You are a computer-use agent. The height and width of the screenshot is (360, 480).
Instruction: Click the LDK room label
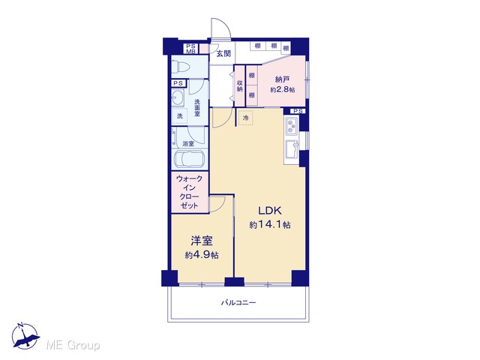pyautogui.click(x=270, y=211)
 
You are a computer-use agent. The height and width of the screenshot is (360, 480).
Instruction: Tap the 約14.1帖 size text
pyautogui.click(x=270, y=225)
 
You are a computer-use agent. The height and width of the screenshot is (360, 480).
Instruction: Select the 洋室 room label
pyautogui.click(x=202, y=241)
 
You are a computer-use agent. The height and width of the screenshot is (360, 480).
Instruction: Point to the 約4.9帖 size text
pyautogui.click(x=202, y=255)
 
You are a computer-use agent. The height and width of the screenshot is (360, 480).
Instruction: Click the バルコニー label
pyautogui.click(x=238, y=303)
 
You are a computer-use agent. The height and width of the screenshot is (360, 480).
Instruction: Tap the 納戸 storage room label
pyautogui.click(x=282, y=79)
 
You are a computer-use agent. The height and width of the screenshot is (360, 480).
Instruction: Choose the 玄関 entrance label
pyautogui.click(x=223, y=53)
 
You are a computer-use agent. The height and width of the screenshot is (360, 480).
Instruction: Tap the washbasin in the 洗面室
pyautogui.click(x=177, y=98)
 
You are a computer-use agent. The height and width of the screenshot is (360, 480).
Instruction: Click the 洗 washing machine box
pyautogui.click(x=180, y=115)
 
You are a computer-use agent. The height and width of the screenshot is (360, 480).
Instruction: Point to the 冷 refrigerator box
pyautogui.click(x=245, y=118)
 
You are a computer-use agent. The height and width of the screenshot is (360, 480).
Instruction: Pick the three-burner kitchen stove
pyautogui.click(x=291, y=127)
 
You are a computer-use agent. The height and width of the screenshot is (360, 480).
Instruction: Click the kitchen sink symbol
pyautogui.click(x=292, y=150)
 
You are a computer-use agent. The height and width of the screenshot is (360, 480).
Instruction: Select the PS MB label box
pyautogui.click(x=191, y=49)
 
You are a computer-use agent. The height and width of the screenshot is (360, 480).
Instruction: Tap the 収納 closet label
pyautogui.click(x=240, y=85)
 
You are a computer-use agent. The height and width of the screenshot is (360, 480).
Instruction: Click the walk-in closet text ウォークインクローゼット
pyautogui.click(x=190, y=192)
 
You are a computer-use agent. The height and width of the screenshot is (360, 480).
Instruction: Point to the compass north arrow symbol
pyautogui.click(x=25, y=336)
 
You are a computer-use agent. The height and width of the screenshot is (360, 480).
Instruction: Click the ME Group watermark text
pyautogui.click(x=73, y=346)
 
